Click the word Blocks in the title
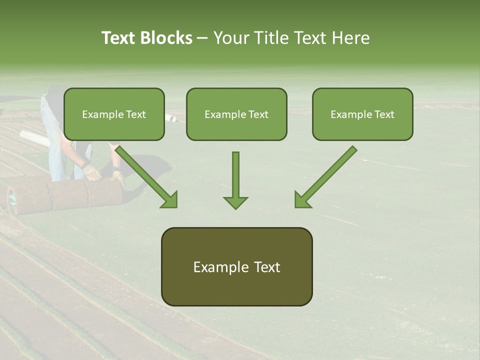coord(167,38)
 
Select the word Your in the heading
coord(232,38)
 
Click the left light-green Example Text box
coord(114,114)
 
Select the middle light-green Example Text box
coord(236,114)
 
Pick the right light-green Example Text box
coord(362,114)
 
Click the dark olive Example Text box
coord(236,266)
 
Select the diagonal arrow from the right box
coord(325,176)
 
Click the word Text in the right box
coord(384,114)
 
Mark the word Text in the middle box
coord(258,114)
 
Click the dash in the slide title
coord(202,38)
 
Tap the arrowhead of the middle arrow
coord(235,202)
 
